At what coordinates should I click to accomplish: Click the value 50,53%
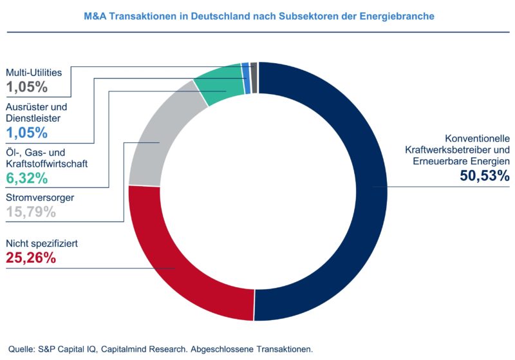[x=484, y=175]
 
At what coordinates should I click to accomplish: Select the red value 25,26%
[x=31, y=258]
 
